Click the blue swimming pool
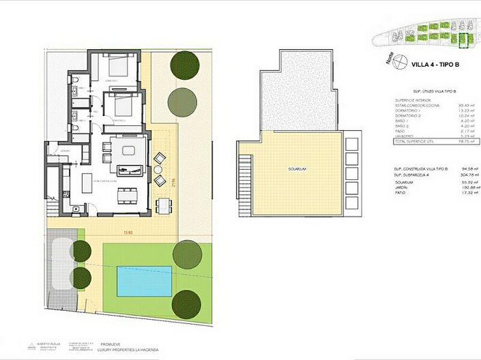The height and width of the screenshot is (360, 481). (x=144, y=281)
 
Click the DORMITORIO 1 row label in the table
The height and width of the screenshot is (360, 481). (x=410, y=112)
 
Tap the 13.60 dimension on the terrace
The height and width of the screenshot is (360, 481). (x=127, y=232)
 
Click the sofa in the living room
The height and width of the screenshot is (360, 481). (x=128, y=168)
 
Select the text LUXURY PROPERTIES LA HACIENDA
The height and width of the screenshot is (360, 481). (x=130, y=350)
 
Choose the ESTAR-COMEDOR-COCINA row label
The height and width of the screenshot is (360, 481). (x=416, y=106)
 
